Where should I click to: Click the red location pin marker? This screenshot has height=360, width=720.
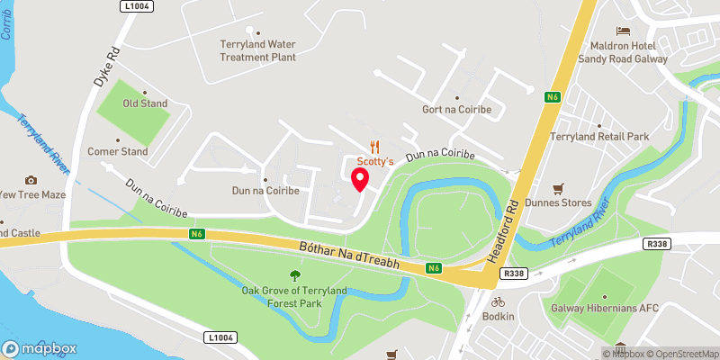361,179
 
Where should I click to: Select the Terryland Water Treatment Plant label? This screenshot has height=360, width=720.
258,50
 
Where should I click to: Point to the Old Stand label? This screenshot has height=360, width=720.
145,103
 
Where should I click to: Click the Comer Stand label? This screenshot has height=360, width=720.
117,152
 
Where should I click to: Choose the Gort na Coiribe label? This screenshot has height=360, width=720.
456,109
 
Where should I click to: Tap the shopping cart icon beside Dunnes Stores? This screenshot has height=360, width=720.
558,189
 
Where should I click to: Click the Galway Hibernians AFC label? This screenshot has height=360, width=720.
606,308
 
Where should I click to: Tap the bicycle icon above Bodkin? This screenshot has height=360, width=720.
497,302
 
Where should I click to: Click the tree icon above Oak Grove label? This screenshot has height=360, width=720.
294,275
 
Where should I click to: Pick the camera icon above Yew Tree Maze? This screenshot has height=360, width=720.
31,180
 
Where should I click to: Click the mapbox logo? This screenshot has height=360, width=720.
40,348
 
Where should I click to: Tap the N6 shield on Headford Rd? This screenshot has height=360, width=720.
553,95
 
